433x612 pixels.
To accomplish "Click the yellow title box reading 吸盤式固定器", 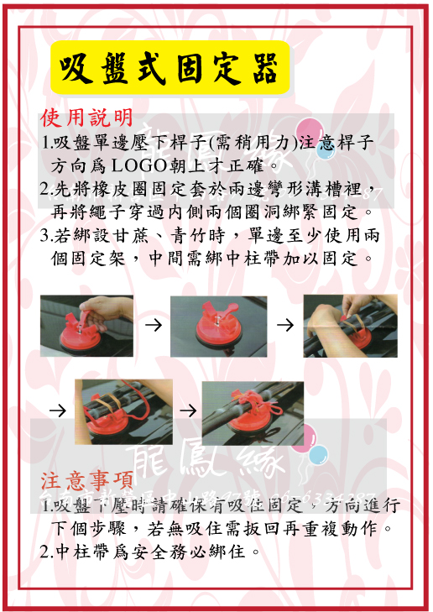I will [x=170, y=68].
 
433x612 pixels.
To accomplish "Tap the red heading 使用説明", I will [x=86, y=116].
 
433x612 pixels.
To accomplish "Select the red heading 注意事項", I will [x=87, y=480].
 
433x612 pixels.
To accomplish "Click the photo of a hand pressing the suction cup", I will [x=86, y=326].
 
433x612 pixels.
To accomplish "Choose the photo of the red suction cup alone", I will [x=218, y=326].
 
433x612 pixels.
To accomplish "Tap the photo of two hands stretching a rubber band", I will [x=350, y=326].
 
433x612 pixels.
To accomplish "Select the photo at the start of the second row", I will [x=123, y=411].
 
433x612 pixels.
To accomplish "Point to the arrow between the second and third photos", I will [x=284, y=326].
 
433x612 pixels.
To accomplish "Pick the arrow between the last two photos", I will [x=188, y=411].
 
